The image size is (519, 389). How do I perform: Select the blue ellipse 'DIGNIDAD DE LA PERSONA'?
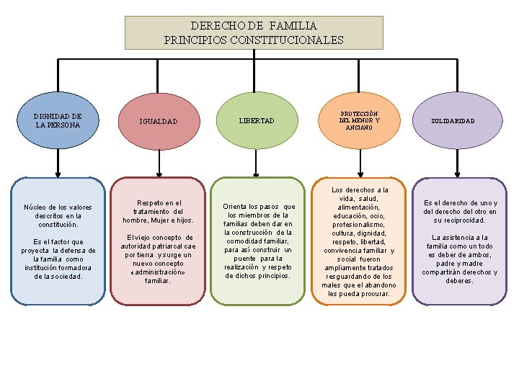point(58,120)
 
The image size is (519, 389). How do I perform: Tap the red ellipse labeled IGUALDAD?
point(159,121)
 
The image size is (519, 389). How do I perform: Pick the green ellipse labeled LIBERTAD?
point(257,121)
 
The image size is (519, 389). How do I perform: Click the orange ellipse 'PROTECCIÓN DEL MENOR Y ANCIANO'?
point(359,120)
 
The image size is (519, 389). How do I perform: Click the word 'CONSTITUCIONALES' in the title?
point(291,40)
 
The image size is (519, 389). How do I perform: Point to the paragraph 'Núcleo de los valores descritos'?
point(58,215)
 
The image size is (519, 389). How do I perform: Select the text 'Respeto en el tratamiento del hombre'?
point(159,211)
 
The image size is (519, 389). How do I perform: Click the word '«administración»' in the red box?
point(159,272)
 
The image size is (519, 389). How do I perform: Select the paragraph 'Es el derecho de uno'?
point(460,212)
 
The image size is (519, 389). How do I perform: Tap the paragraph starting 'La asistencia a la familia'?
point(460,259)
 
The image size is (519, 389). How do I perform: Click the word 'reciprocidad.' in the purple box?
point(460,220)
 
